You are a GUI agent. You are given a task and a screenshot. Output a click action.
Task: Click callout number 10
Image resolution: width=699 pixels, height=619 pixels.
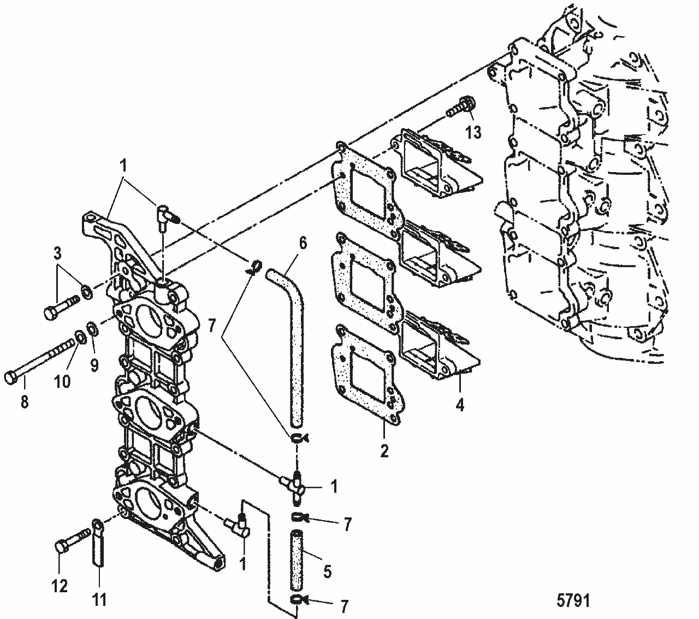pyautogui.click(x=62, y=380)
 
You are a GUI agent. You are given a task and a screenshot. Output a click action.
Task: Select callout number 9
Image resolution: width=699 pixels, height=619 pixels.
pyautogui.click(x=94, y=364)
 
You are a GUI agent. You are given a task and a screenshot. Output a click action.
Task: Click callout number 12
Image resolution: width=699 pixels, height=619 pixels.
pyautogui.click(x=60, y=586)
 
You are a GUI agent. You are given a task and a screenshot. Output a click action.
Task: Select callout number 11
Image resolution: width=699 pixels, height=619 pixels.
pyautogui.click(x=99, y=600)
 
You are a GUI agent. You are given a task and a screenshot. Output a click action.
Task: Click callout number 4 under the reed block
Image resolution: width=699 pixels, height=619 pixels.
pyautogui.click(x=460, y=405)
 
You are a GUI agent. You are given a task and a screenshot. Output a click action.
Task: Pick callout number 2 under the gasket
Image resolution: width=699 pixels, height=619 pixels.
pyautogui.click(x=384, y=451)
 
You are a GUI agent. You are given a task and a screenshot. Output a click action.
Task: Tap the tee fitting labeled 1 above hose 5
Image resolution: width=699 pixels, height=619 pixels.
pyautogui.click(x=295, y=481)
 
